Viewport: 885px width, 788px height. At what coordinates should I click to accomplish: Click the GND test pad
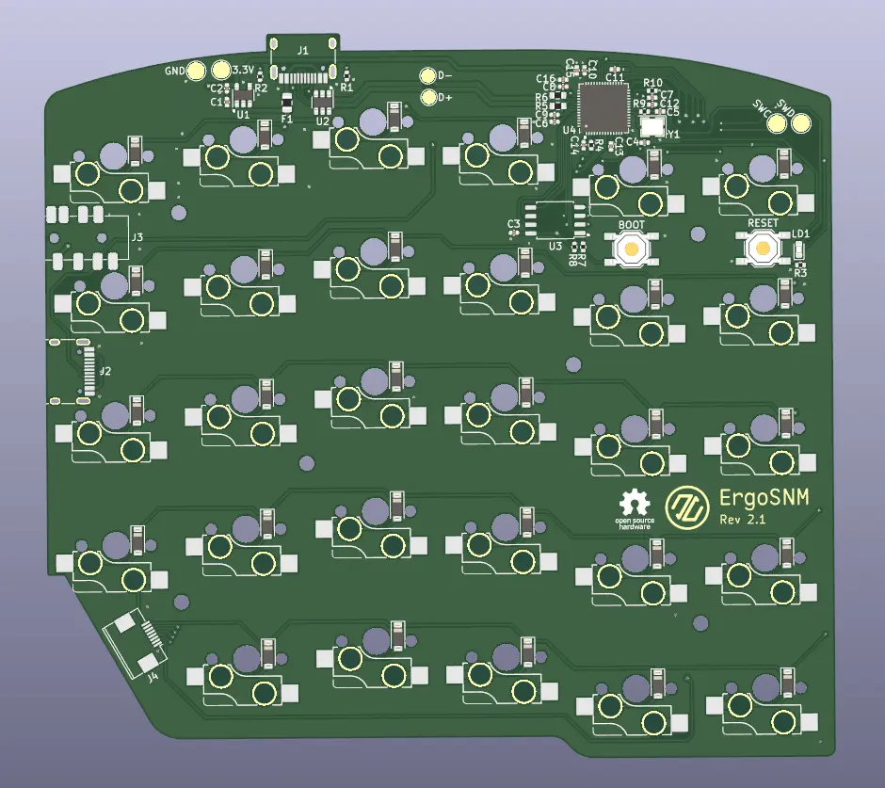click(x=196, y=71)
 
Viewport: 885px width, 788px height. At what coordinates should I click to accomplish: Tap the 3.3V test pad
click(x=221, y=71)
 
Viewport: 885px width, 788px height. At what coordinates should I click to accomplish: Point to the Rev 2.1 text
click(x=747, y=520)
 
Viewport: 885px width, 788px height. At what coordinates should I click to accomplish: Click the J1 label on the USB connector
click(x=302, y=50)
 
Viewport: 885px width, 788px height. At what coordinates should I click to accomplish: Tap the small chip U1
click(x=243, y=97)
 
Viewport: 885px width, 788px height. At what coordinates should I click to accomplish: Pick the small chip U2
click(x=322, y=101)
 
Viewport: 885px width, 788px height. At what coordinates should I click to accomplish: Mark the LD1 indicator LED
click(x=799, y=249)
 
